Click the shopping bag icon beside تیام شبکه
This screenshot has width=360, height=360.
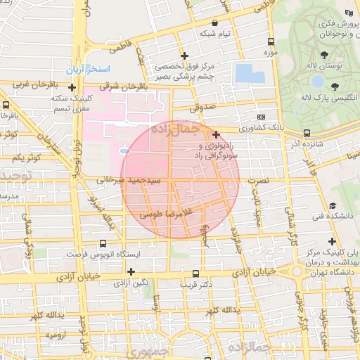coord(214,22)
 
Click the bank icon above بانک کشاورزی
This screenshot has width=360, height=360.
coord(262,117)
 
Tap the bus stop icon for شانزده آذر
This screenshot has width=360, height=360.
coord(307,132)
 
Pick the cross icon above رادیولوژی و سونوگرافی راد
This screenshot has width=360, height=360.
coord(216,134)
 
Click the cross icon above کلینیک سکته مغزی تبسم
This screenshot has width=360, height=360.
coord(72,87)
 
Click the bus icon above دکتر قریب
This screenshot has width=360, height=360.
coord(195,274)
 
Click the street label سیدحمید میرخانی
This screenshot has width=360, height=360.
coord(129,181)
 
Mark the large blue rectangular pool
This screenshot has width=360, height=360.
coord(245,73)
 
